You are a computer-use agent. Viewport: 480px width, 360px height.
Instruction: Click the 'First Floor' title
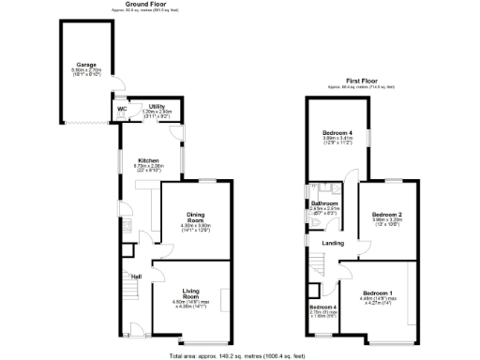click(361, 82)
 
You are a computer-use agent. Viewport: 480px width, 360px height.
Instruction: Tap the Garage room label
click(87, 65)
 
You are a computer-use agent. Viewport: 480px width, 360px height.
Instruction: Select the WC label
click(122, 109)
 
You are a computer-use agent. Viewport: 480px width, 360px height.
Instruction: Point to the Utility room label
click(157, 107)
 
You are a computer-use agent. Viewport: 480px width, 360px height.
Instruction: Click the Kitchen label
click(149, 160)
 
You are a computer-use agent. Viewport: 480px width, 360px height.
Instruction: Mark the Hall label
click(136, 276)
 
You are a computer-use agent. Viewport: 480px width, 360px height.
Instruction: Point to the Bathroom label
click(324, 202)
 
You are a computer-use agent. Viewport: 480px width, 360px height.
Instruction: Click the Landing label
click(332, 244)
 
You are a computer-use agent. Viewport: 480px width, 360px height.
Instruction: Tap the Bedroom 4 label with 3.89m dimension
click(337, 133)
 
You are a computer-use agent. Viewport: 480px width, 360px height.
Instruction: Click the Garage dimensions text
click(87, 72)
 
